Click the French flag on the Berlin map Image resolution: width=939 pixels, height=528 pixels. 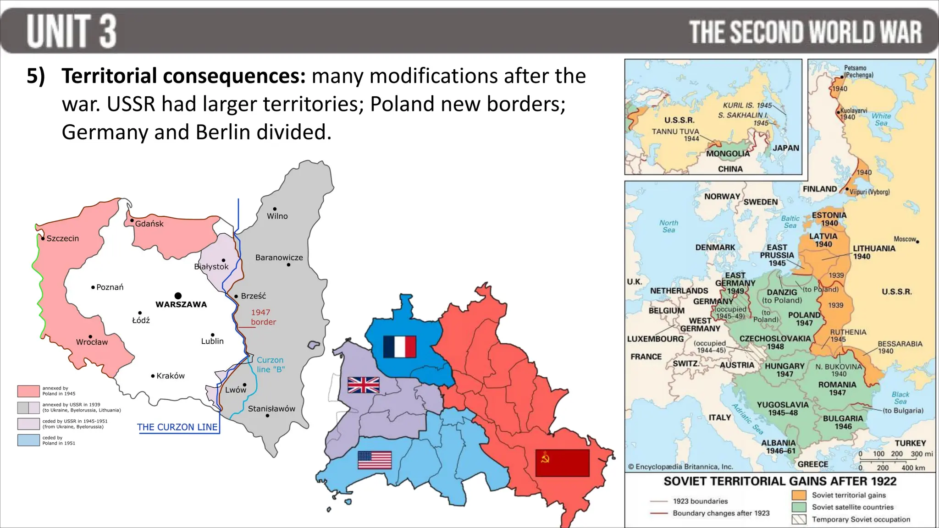399,346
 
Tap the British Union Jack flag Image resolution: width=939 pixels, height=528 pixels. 364,385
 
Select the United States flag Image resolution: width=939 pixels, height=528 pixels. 375,460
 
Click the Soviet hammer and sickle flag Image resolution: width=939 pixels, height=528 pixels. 562,463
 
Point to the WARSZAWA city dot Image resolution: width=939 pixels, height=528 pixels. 178,296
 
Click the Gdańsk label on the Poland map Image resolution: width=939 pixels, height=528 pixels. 149,224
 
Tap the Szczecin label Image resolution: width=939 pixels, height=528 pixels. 63,238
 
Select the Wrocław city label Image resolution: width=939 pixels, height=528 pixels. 92,342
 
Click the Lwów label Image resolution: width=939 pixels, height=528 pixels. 236,390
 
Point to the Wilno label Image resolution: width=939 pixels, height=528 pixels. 277,216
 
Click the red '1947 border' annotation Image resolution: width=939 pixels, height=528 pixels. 263,317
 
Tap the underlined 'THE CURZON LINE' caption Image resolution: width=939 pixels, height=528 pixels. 177,427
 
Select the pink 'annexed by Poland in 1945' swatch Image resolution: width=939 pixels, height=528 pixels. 28,391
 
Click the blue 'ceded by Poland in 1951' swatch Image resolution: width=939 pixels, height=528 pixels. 28,440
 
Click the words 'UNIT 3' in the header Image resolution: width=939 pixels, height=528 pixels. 72,31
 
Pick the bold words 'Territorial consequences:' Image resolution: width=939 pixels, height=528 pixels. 184,76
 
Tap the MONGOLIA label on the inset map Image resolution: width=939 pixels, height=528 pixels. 728,154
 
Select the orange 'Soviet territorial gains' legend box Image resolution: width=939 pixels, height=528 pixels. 799,495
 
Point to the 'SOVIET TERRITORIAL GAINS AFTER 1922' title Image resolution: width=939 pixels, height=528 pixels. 780,481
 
